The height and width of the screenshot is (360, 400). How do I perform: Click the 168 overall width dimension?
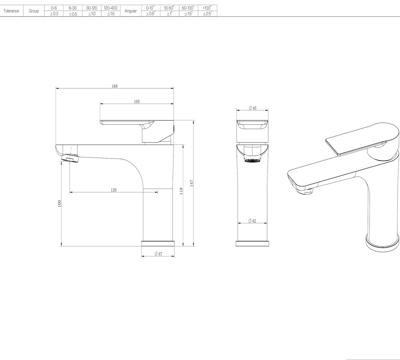(115, 86)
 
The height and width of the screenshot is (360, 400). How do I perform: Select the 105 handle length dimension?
(137, 102)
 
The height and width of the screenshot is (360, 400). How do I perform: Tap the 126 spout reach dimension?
(114, 190)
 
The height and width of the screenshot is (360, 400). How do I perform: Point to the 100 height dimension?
(60, 203)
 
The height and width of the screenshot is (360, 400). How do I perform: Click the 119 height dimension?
(181, 191)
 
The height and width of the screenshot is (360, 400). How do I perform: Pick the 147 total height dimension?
(192, 183)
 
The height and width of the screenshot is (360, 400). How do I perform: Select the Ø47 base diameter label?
(158, 254)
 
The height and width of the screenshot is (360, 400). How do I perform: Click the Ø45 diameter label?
(252, 108)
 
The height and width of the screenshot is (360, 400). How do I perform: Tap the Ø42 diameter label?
(252, 221)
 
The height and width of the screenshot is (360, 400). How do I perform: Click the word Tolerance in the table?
(11, 11)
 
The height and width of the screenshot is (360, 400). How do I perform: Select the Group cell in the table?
(34, 11)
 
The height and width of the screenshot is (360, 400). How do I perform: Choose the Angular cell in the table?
(131, 11)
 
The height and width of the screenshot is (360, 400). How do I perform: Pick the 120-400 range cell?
(110, 8)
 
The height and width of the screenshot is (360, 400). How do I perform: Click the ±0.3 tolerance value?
(54, 14)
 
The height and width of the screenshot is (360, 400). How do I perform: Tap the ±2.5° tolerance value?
(207, 14)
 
